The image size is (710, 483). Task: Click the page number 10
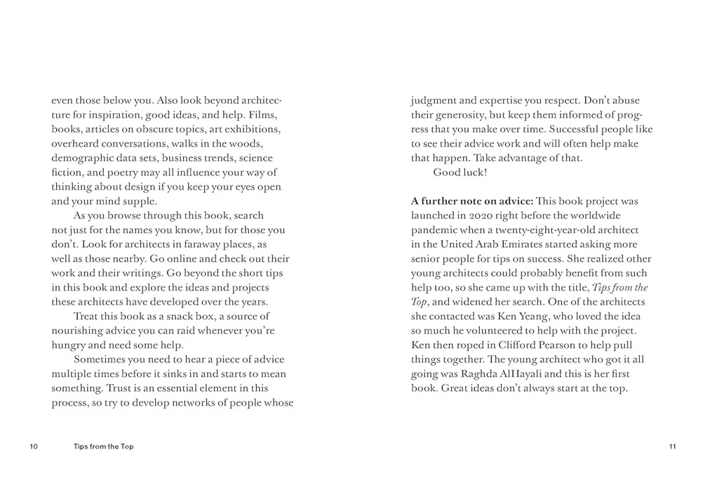(x=34, y=446)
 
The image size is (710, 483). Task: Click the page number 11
(x=672, y=446)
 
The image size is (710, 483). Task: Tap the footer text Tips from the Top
(x=103, y=446)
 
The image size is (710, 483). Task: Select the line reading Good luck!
(x=460, y=173)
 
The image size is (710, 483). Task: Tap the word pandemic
(x=434, y=230)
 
